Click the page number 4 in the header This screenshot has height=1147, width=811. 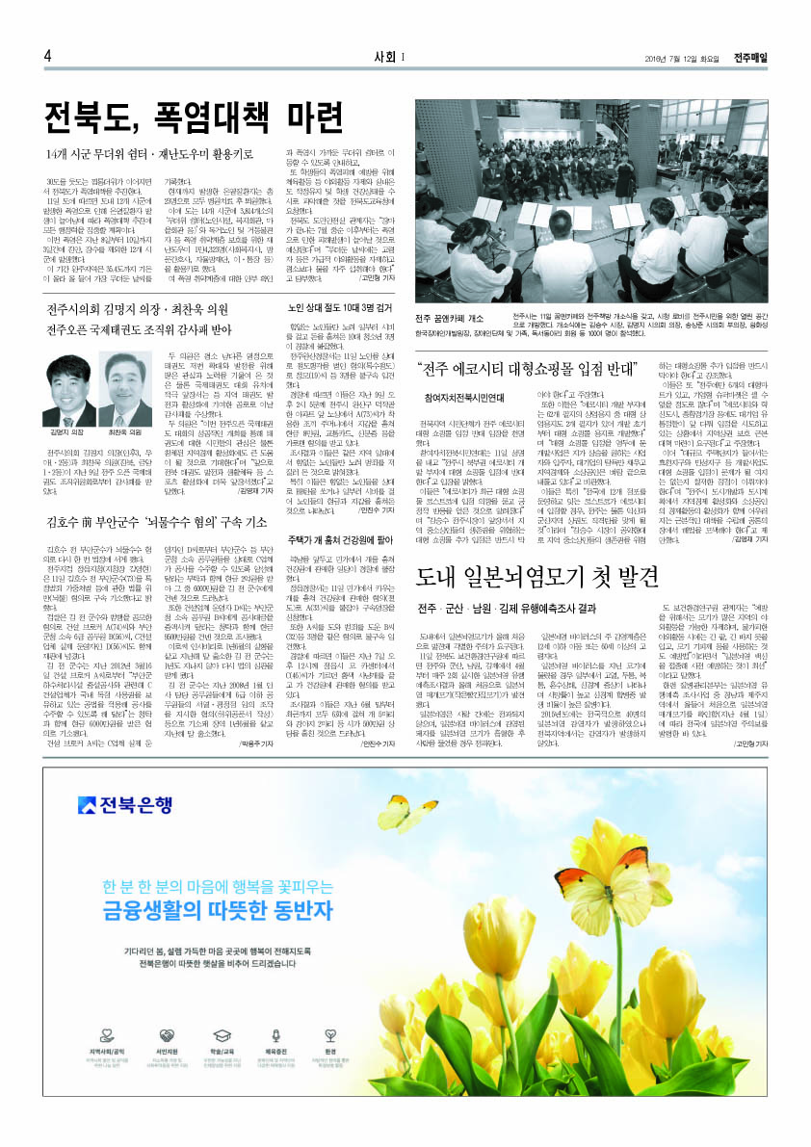click(x=47, y=56)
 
